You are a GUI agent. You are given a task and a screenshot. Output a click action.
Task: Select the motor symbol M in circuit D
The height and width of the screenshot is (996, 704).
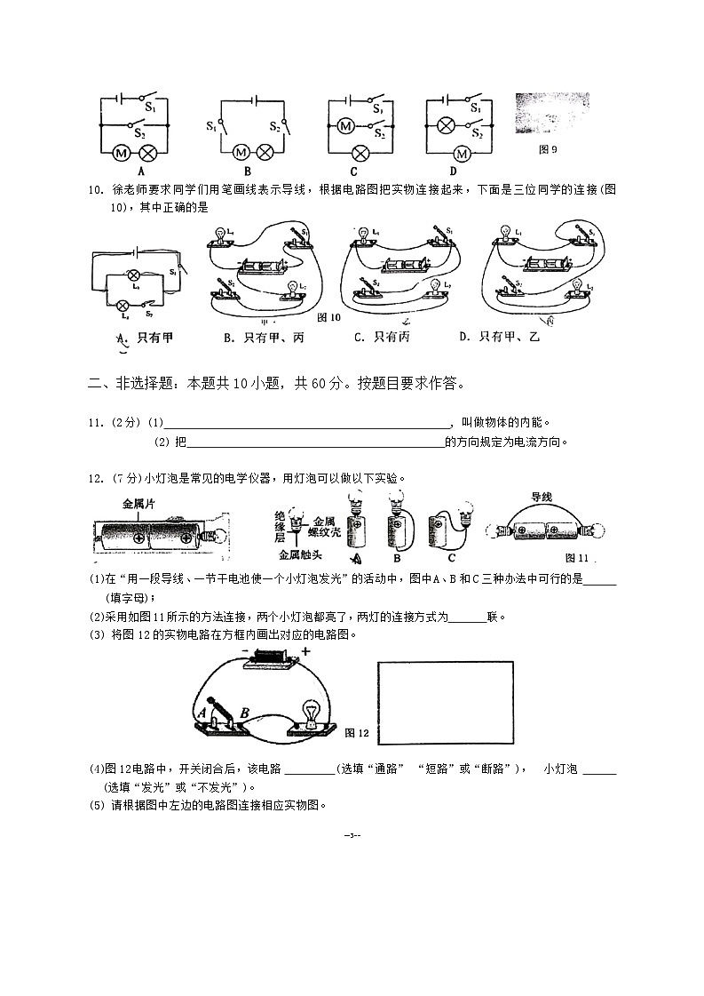tap(460, 152)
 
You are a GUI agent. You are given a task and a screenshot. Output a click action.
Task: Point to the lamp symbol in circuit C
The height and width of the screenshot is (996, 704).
tap(360, 152)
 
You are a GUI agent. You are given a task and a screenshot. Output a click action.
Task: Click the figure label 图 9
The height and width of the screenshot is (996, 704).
tap(548, 149)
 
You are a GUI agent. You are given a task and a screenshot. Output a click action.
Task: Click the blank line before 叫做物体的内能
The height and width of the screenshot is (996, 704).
tap(307, 425)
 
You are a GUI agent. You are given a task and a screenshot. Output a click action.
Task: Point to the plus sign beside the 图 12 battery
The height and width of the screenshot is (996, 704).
tap(305, 651)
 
